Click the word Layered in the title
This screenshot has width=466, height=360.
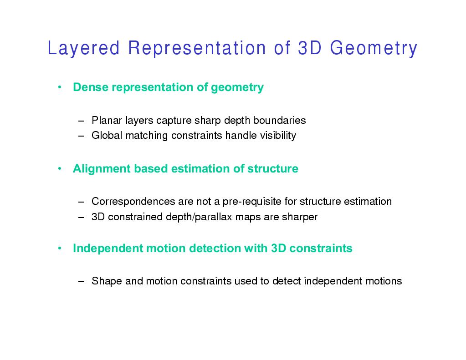(83, 48)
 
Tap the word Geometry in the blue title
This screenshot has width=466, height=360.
(374, 48)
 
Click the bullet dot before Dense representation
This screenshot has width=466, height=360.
(60, 87)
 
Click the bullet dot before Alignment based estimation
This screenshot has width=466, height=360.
(60, 169)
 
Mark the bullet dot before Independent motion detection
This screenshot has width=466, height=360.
(60, 248)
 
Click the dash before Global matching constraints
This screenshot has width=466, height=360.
(82, 136)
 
